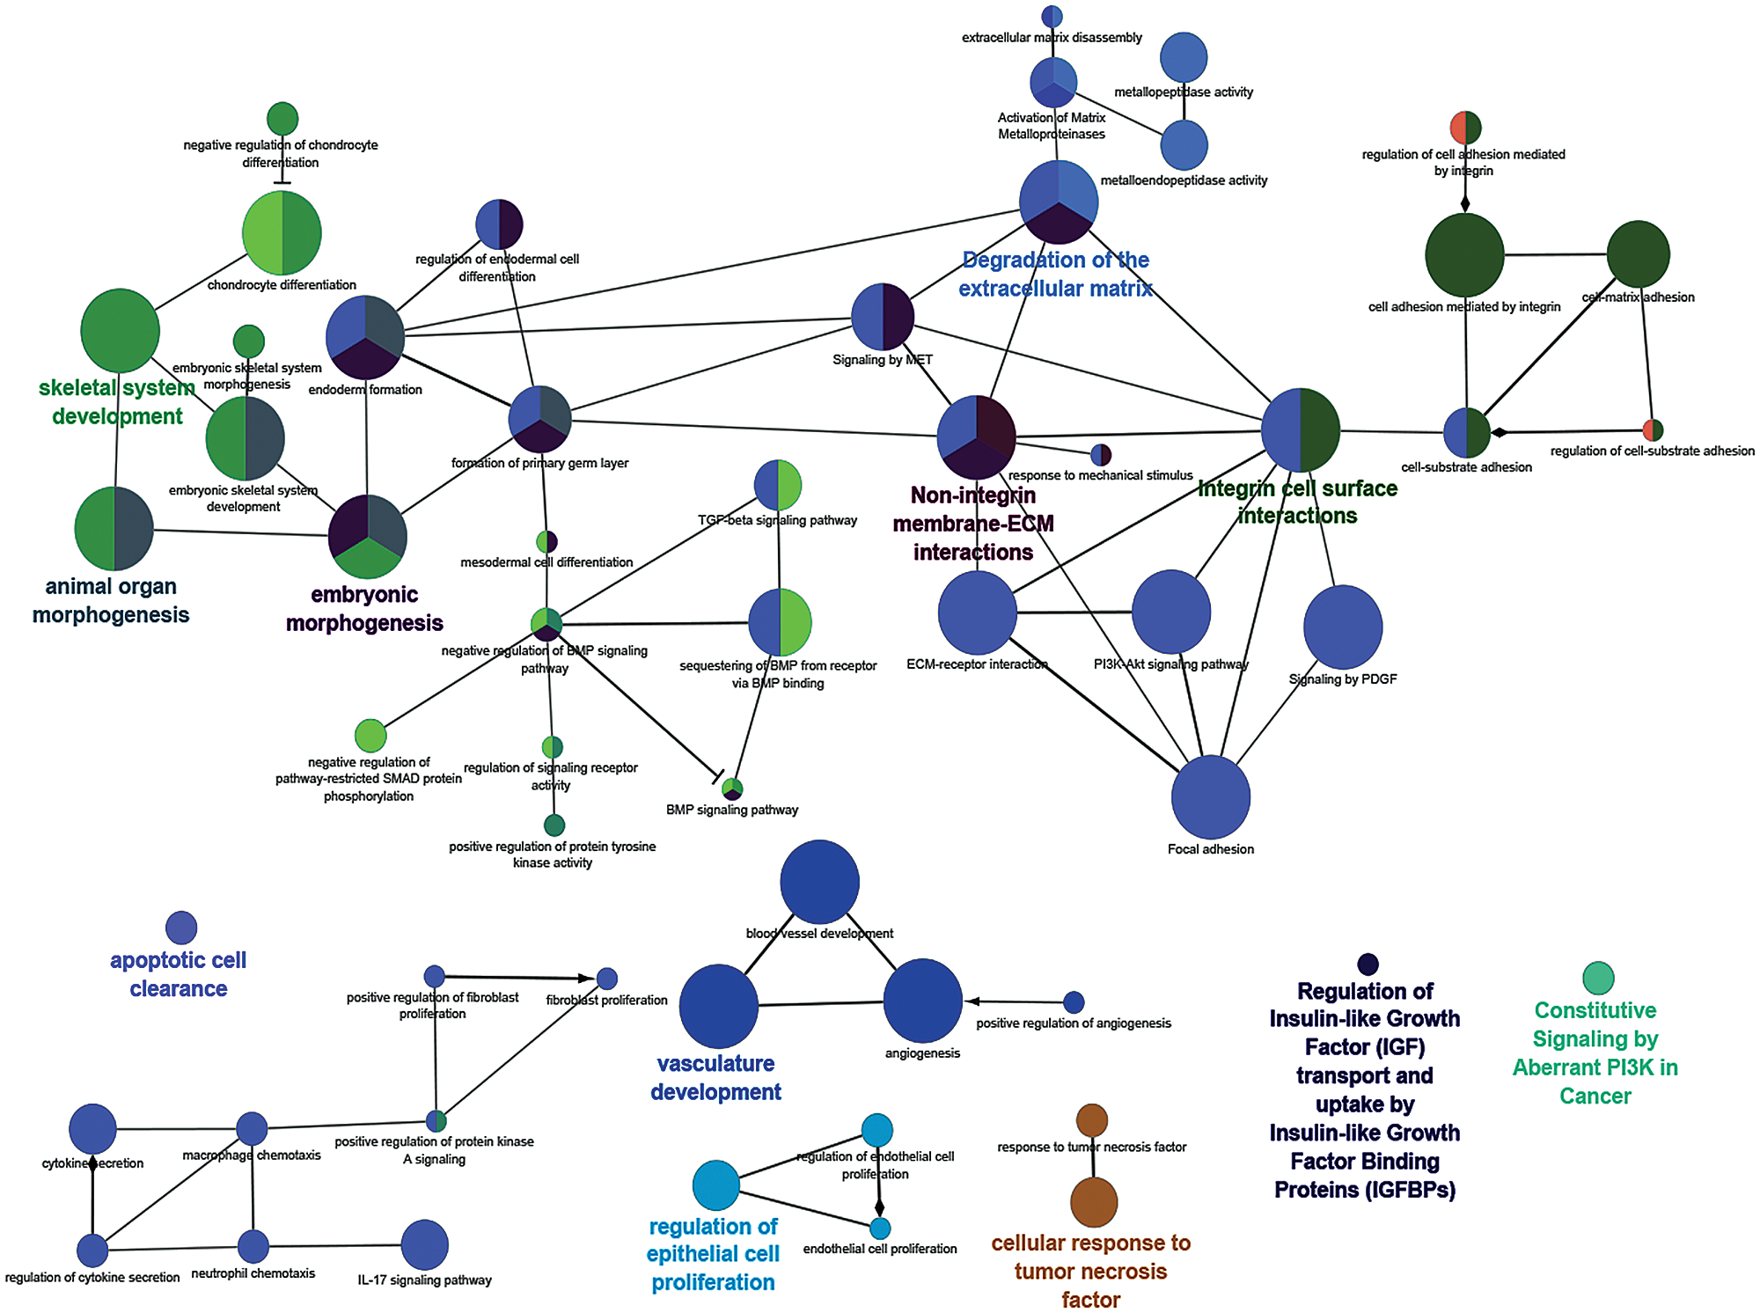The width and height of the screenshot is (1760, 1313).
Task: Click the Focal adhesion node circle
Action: pos(1210,796)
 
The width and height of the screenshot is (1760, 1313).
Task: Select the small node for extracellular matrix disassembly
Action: pos(1052,16)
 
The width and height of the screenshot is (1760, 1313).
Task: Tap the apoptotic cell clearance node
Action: pos(181,928)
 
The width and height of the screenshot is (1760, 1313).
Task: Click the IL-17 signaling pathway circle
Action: pos(424,1244)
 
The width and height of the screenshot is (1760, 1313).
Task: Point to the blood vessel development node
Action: pos(819,882)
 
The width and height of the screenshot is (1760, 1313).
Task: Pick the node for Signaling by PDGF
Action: pos(1342,627)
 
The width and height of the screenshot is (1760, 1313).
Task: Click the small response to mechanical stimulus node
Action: pos(1100,455)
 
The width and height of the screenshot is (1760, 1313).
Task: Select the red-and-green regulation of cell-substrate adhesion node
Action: pos(1653,430)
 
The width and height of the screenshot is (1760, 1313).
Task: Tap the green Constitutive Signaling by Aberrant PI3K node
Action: pos(1598,978)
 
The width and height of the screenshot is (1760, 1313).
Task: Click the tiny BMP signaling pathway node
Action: pos(732,789)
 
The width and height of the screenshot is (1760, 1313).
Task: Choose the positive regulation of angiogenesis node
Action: pos(1074,1001)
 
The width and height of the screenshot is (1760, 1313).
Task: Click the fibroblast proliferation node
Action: pos(607,979)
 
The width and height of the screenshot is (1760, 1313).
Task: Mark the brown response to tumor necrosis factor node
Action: pos(1092,1120)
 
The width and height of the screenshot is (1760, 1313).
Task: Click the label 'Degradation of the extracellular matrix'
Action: pos(1055,275)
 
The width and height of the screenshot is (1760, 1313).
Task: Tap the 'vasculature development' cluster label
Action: pos(715,1077)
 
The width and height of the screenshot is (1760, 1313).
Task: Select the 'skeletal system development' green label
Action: pos(117,401)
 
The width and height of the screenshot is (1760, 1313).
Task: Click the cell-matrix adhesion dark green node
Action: pos(1638,254)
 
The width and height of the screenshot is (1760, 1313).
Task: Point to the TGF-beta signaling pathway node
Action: pos(778,485)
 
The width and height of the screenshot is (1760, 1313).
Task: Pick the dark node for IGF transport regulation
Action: pos(1368,965)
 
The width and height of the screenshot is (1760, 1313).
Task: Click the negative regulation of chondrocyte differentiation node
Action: pos(282,119)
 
